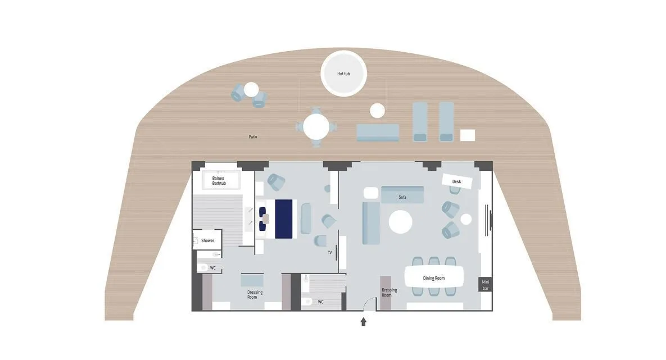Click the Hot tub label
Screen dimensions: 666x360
click(343, 74)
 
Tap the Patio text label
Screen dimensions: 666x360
click(253, 136)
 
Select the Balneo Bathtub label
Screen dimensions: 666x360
click(219, 181)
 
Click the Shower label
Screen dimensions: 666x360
click(208, 241)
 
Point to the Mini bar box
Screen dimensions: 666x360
click(486, 285)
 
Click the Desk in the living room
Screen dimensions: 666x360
click(457, 181)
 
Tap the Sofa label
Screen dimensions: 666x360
click(402, 197)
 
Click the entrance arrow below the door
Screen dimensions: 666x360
click(364, 322)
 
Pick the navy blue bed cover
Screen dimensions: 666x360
click(284, 219)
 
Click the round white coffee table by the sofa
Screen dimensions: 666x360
click(401, 222)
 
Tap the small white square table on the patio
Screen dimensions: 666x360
click(468, 135)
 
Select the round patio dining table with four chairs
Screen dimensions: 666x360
click(316, 127)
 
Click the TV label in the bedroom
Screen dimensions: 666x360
click(329, 253)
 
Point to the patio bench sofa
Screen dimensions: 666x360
click(378, 133)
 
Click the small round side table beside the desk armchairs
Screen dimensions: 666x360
click(466, 219)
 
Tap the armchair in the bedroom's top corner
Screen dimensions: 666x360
click(277, 182)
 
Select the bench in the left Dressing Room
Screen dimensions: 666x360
click(252, 281)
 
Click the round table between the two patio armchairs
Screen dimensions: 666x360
click(251, 89)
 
